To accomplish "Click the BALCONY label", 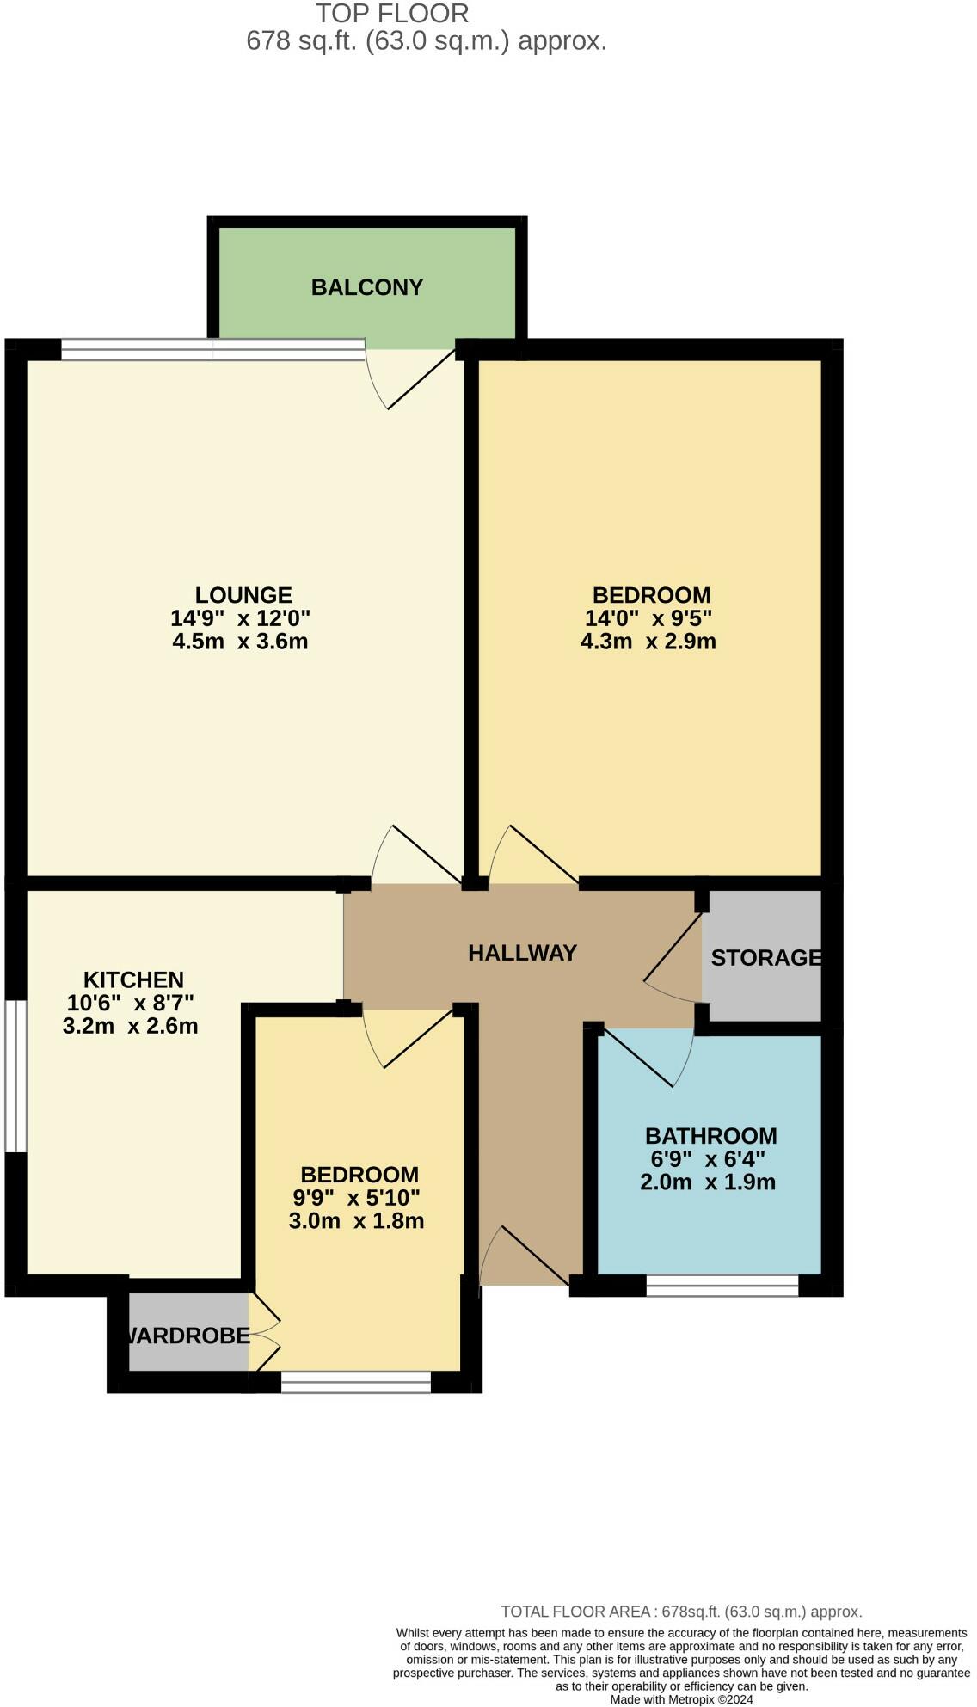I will pos(367,287).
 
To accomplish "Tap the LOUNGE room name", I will pos(243,595).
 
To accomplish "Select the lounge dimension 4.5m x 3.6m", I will pos(240,642).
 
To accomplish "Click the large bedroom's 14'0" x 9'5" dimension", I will pos(648,618).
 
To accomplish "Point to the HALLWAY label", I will pos(522,953).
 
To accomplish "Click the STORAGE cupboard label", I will pos(765,958).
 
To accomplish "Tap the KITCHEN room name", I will pos(133,980).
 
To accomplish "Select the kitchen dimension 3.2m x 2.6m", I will pos(131,1026).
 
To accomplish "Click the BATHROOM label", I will pos(711,1136).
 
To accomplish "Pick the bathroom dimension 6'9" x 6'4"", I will pos(708,1159).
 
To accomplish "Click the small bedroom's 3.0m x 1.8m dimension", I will pos(356,1221).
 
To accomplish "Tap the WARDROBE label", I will pos(188,1336).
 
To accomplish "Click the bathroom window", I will pos(722,1286).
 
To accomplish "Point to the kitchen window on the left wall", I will pos(13,1075).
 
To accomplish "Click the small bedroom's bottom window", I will pos(355,1382).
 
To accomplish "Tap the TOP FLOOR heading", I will pos(392,14).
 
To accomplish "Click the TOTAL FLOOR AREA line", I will pos(681,1612).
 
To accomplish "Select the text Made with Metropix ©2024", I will pos(681,1699).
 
